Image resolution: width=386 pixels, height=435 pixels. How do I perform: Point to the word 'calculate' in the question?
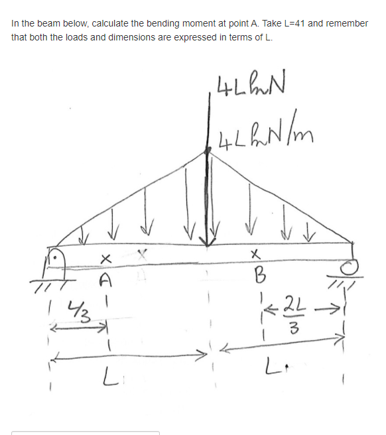(101, 23)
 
